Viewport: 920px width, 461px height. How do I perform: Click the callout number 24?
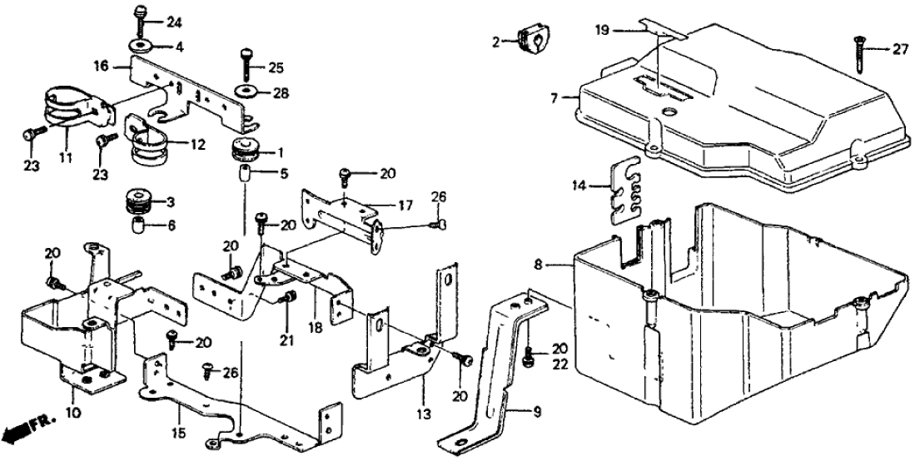(x=172, y=21)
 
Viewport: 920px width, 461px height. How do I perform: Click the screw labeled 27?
(x=858, y=54)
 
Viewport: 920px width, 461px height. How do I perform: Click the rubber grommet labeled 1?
(x=244, y=151)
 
